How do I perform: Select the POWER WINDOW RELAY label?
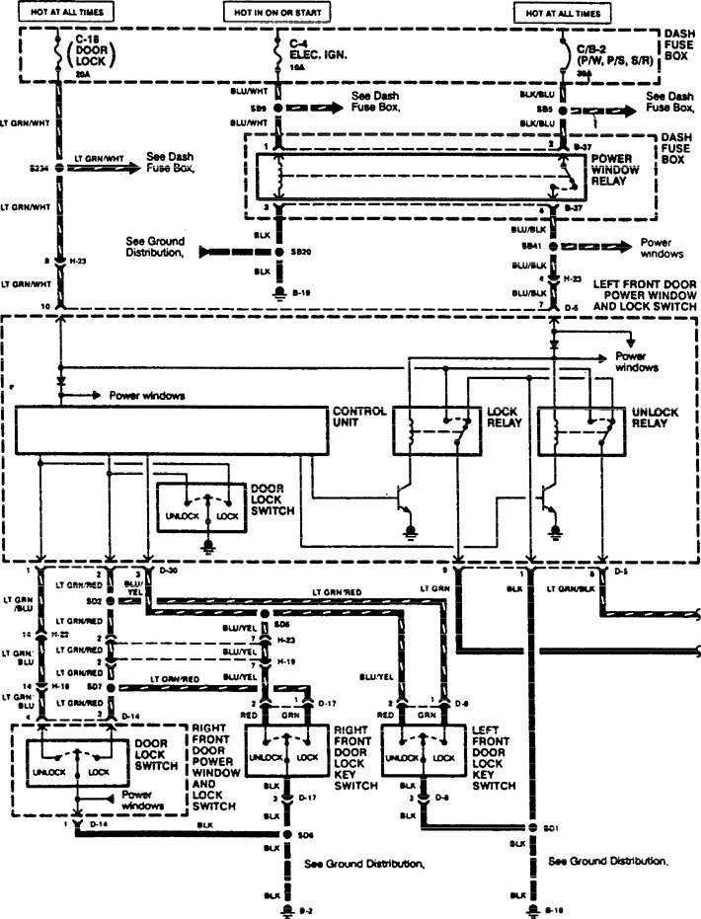click(616, 171)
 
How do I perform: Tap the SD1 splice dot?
click(532, 827)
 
